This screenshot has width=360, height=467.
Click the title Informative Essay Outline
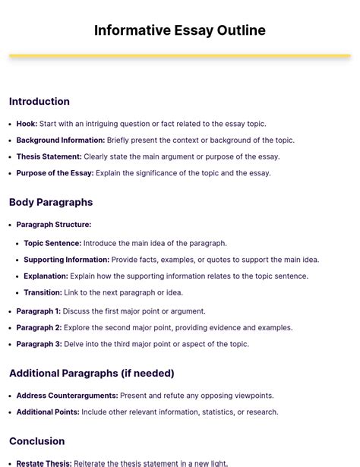180,30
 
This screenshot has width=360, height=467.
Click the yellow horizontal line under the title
180,55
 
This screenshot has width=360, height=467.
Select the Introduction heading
39,102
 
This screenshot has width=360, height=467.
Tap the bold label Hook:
27,124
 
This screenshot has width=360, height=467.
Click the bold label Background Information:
61,140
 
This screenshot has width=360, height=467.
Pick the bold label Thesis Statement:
49,156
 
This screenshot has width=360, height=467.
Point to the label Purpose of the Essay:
55,173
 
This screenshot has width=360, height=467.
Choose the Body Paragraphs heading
51,203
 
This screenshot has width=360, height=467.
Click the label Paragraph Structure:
53,225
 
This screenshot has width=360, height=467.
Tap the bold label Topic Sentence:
52,244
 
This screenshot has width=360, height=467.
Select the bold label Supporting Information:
66,260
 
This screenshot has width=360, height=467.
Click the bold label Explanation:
46,276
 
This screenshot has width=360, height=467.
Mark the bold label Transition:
43,292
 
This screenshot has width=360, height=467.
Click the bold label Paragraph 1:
39,311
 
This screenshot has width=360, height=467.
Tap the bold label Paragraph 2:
39,328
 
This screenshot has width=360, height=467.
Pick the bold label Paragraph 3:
39,344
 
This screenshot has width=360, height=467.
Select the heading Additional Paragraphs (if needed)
92,374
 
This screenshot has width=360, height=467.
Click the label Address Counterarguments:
67,396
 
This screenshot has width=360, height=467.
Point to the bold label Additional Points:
48,412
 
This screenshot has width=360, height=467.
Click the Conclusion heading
37,441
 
